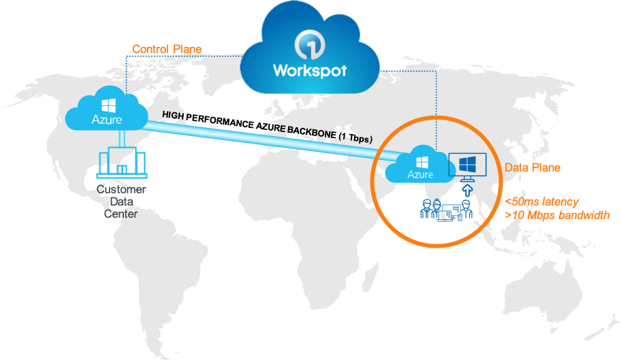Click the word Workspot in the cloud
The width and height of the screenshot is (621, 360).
coord(310,70)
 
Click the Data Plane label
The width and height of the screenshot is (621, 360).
coord(532,167)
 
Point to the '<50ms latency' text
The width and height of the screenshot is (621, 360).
coord(542,201)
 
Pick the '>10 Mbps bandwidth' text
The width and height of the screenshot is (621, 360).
coord(557,215)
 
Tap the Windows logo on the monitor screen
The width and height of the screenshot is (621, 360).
coord(467,164)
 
